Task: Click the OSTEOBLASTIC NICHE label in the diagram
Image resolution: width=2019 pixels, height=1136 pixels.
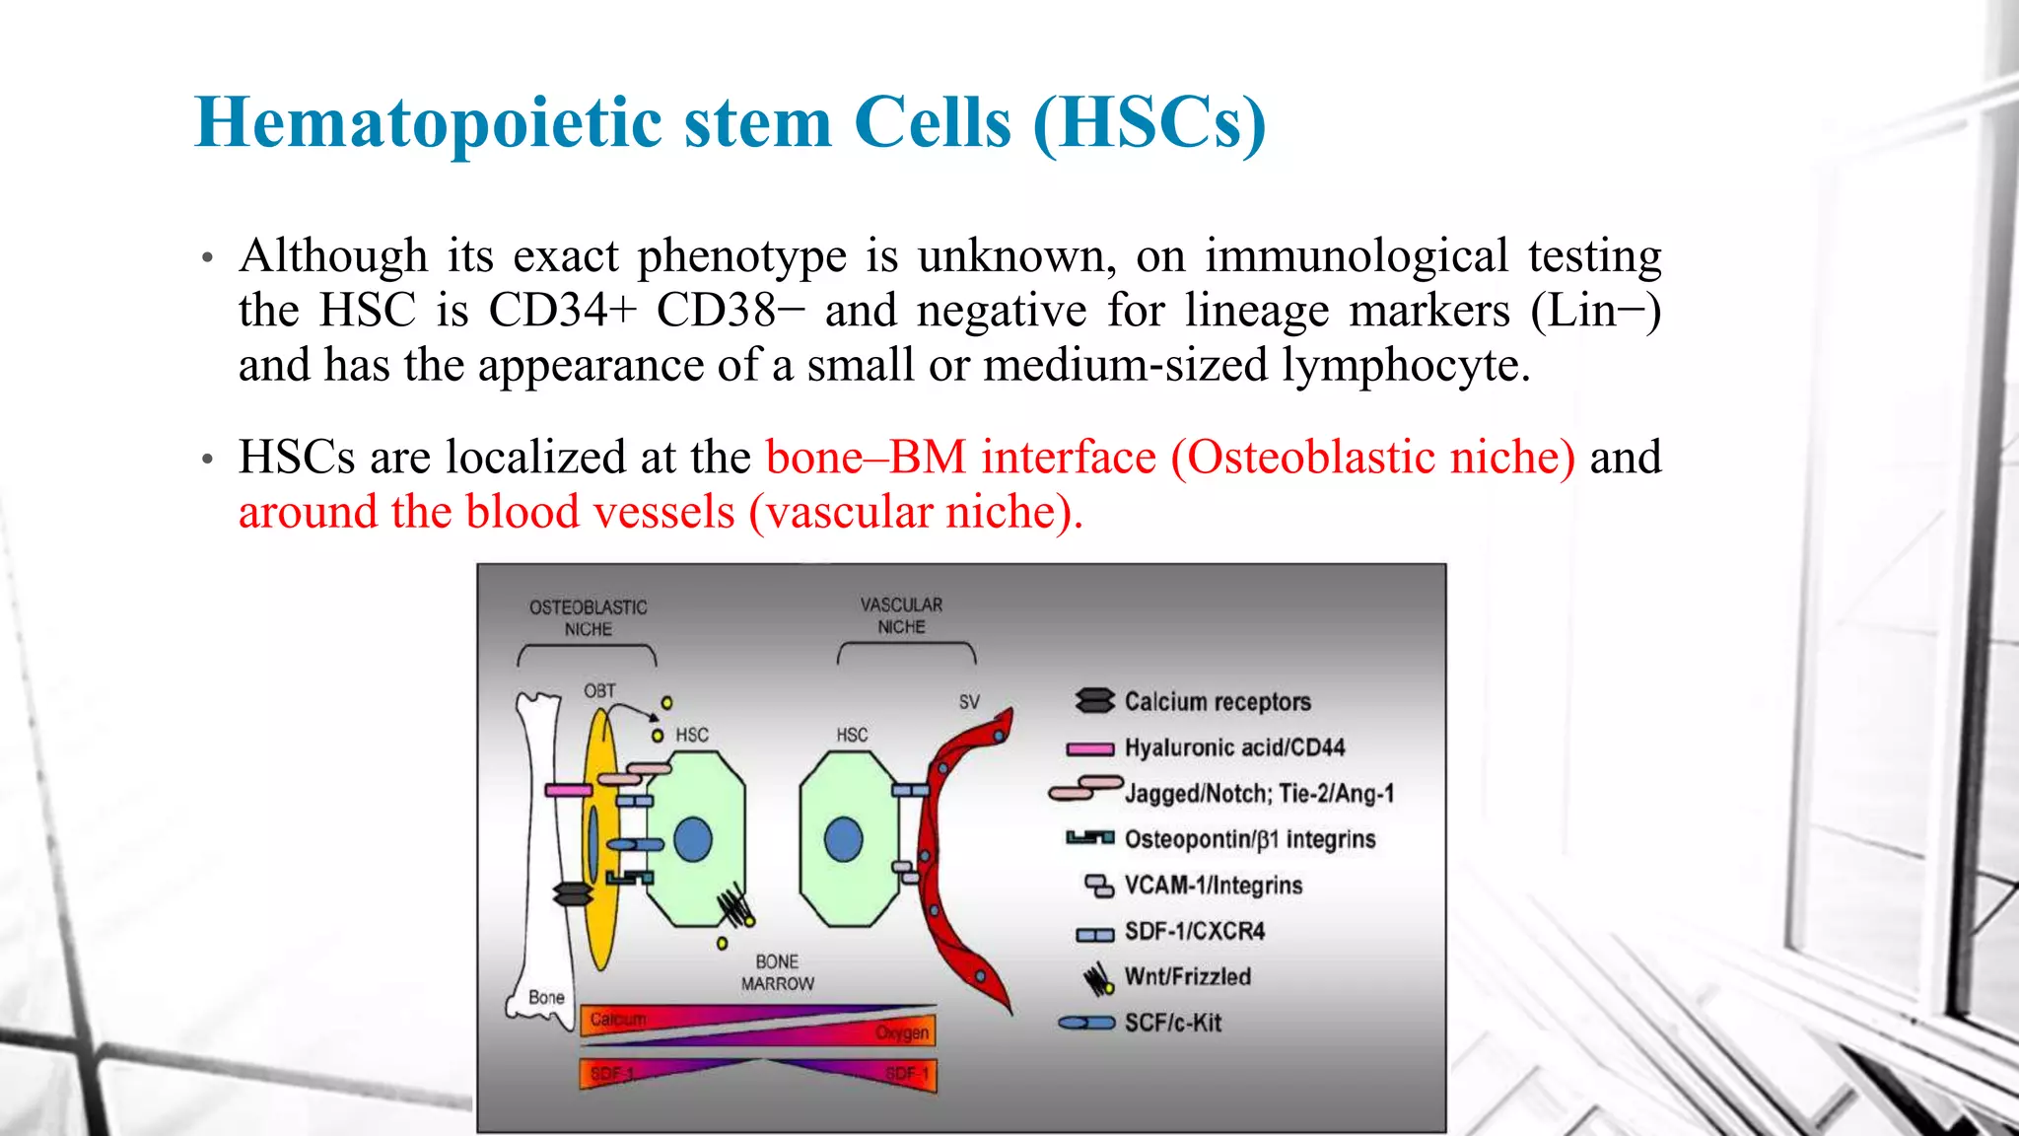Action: pyautogui.click(x=589, y=618)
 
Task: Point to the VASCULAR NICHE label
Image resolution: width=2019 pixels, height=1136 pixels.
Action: pyautogui.click(x=901, y=615)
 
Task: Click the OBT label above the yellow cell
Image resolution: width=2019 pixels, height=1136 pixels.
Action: pyautogui.click(x=599, y=690)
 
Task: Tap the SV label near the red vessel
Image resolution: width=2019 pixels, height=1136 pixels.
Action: pyautogui.click(x=969, y=701)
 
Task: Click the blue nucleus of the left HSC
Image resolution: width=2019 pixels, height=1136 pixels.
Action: pyautogui.click(x=693, y=840)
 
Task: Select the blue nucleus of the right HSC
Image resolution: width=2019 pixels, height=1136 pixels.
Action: pyautogui.click(x=843, y=840)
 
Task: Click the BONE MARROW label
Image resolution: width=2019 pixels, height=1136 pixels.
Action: pyautogui.click(x=777, y=972)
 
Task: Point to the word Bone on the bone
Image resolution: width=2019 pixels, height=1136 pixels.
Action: pyautogui.click(x=546, y=997)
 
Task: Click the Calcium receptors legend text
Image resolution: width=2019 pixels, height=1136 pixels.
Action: pyautogui.click(x=1218, y=701)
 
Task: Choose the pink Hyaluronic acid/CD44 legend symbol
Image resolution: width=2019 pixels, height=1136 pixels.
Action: pyautogui.click(x=1090, y=748)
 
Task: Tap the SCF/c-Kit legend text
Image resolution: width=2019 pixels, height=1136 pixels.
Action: pyautogui.click(x=1172, y=1023)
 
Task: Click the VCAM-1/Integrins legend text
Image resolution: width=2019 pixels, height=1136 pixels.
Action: pyautogui.click(x=1213, y=885)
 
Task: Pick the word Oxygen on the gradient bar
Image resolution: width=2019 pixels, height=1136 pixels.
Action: pyautogui.click(x=902, y=1032)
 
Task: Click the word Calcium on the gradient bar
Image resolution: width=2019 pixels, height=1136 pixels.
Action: pyautogui.click(x=618, y=1019)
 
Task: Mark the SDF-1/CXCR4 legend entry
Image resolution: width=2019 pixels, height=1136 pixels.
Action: pyautogui.click(x=1194, y=931)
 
